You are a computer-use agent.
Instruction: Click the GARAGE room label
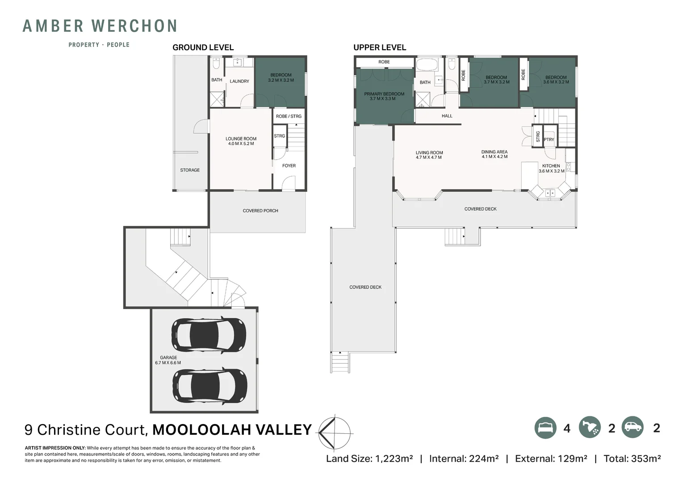168,357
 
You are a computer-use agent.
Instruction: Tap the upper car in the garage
209,335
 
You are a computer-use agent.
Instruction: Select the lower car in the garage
210,386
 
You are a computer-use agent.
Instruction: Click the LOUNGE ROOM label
241,139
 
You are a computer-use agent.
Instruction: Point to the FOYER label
289,166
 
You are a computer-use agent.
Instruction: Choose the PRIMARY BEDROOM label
384,94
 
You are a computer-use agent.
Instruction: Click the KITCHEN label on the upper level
551,166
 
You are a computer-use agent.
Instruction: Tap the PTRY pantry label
549,140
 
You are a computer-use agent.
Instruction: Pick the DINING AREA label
494,152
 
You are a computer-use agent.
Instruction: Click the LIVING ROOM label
429,153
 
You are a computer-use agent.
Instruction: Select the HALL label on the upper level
447,116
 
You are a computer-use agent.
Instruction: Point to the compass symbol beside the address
335,432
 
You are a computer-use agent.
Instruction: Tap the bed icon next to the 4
545,428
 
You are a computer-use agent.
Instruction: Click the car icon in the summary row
633,427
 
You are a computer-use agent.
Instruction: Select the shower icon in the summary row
590,428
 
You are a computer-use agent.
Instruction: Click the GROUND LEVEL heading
203,47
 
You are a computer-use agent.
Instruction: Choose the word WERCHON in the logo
134,26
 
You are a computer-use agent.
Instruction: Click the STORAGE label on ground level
190,170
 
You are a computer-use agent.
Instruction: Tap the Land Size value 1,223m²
394,458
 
